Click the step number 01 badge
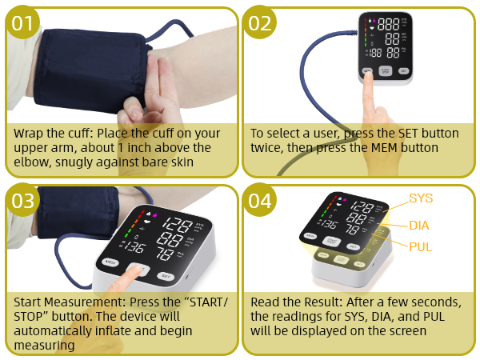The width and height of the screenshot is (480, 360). (23, 23)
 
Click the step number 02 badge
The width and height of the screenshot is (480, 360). (261, 23)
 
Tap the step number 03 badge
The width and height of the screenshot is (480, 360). (23, 201)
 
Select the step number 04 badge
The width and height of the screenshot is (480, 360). (261, 201)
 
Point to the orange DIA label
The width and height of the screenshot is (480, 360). (419, 226)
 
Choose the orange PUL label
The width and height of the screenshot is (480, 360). (420, 247)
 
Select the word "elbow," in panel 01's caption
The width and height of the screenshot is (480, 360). (31, 162)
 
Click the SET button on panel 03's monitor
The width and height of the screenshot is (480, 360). (165, 276)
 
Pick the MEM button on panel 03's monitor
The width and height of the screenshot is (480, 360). (109, 262)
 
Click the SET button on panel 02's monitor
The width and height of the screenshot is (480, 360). (403, 71)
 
